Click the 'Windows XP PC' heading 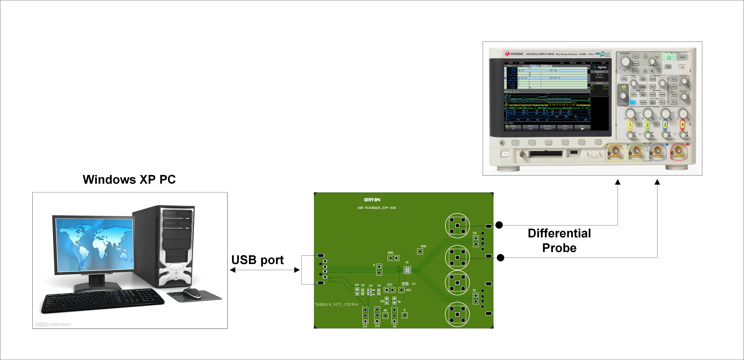129,179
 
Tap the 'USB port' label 257,260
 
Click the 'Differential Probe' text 559,240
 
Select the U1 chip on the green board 407,270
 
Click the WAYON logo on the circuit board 372,200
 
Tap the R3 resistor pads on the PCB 357,291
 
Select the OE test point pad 385,315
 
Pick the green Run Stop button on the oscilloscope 669,57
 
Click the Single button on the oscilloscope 682,57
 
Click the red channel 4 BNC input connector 679,151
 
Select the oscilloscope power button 505,154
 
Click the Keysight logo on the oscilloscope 514,54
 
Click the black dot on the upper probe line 499,225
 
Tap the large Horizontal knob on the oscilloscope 625,61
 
